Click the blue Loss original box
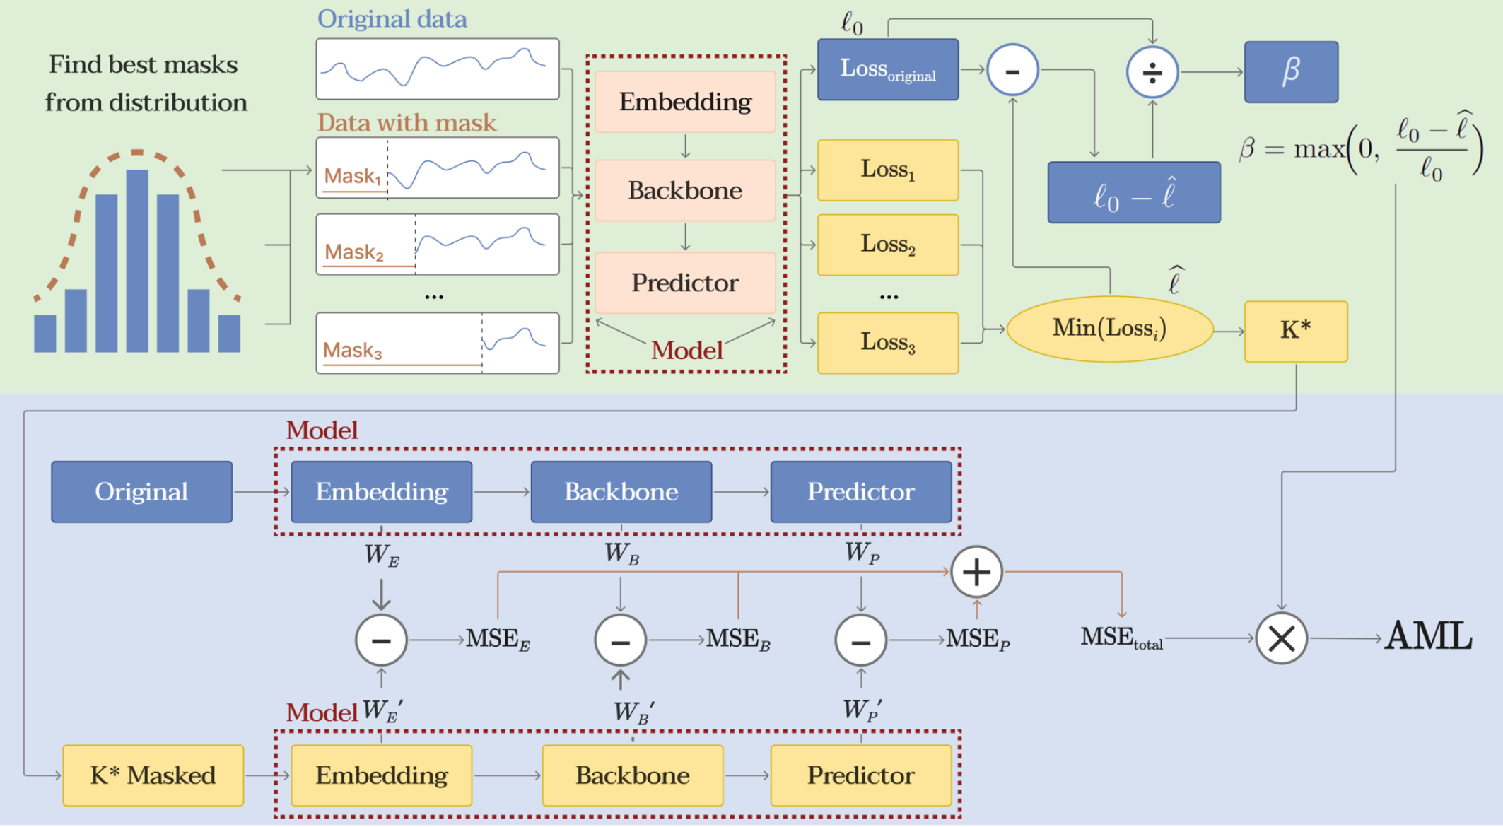point(887,69)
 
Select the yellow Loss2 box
point(887,245)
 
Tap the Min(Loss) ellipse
point(1109,329)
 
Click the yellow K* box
point(1295,332)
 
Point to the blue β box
point(1291,71)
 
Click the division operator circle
point(1152,72)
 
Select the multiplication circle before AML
point(1280,638)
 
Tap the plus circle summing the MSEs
point(976,572)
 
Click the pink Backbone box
point(685,191)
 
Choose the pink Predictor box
point(685,283)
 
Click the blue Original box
point(141,492)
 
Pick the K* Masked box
point(153,775)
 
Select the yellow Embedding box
point(381,775)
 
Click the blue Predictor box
point(860,492)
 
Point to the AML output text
point(1428,636)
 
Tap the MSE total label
point(1121,638)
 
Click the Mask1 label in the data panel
point(352,176)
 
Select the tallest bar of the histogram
point(137,261)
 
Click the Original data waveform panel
point(437,69)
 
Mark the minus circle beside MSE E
point(381,640)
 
